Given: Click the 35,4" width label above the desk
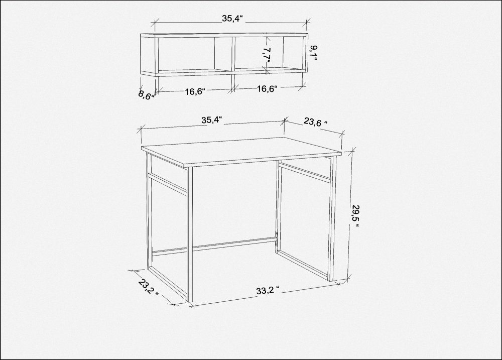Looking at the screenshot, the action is pos(212,120).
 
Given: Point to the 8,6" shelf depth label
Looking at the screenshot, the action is pos(146,95).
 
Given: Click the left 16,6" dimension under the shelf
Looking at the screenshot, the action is pos(195,91).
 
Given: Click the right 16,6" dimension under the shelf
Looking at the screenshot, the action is pos(267,89).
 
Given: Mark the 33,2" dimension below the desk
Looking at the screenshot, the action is pos(268,291).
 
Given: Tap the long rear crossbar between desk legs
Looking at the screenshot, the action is pos(214,246).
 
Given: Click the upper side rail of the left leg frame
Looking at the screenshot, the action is pos(167,183).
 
